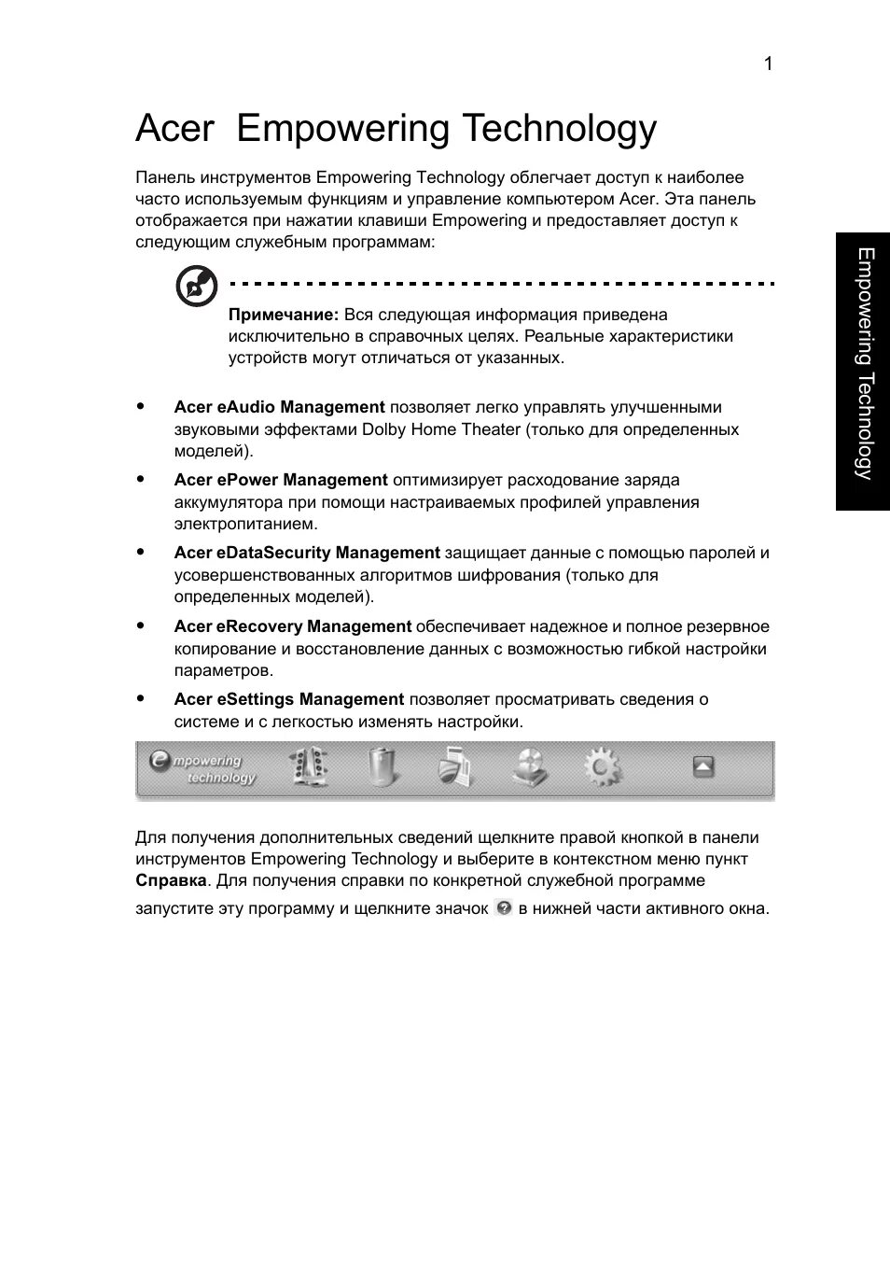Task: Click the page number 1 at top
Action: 768,63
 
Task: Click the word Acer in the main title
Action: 174,129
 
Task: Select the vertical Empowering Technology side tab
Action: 864,371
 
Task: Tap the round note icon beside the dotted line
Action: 197,287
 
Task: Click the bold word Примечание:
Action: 284,315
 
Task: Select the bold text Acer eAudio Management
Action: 279,407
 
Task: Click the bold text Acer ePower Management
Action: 280,480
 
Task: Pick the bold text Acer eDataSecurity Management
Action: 306,553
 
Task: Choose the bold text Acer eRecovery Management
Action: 292,626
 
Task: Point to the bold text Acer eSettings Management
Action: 288,699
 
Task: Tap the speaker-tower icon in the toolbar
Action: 310,768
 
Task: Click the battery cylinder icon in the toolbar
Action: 382,767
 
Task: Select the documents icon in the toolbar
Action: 455,767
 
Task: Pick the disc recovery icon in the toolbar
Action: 530,767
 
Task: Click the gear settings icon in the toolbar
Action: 602,767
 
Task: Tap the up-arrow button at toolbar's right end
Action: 703,767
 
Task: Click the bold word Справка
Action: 171,880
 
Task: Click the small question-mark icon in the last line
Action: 504,907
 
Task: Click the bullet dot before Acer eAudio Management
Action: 141,406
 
